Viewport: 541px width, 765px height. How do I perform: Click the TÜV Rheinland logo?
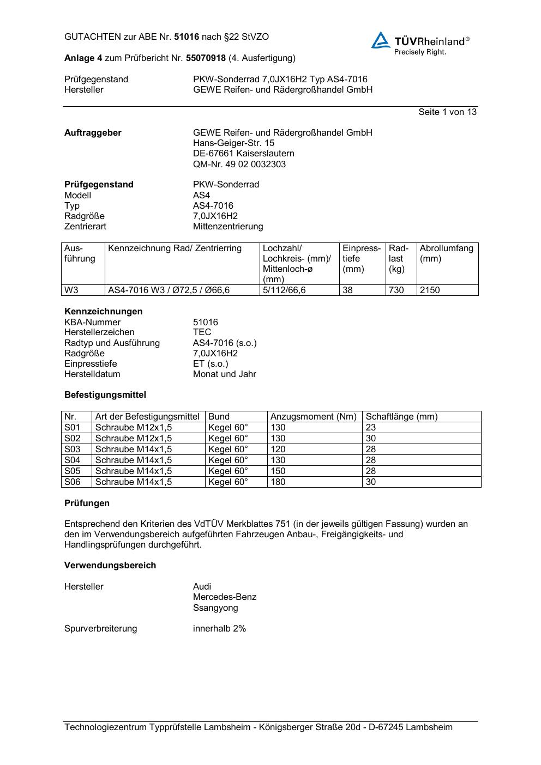420,43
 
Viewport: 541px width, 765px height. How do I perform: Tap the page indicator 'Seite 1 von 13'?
447,112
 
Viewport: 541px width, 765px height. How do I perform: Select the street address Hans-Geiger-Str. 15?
233,143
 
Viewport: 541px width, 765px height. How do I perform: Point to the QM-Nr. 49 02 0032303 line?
239,164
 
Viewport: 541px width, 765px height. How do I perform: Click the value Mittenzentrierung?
227,226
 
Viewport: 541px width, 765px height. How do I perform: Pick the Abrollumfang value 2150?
430,290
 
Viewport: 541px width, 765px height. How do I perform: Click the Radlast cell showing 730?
396,290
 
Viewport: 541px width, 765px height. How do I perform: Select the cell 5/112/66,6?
284,290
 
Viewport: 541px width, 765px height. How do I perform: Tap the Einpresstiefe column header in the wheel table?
362,258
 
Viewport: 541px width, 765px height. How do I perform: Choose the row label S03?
72,449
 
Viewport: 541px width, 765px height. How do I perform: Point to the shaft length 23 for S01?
371,427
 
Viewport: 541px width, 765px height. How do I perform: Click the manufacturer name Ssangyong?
215,608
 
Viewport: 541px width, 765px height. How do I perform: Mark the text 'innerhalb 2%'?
219,628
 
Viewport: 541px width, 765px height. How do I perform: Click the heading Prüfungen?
87,503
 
